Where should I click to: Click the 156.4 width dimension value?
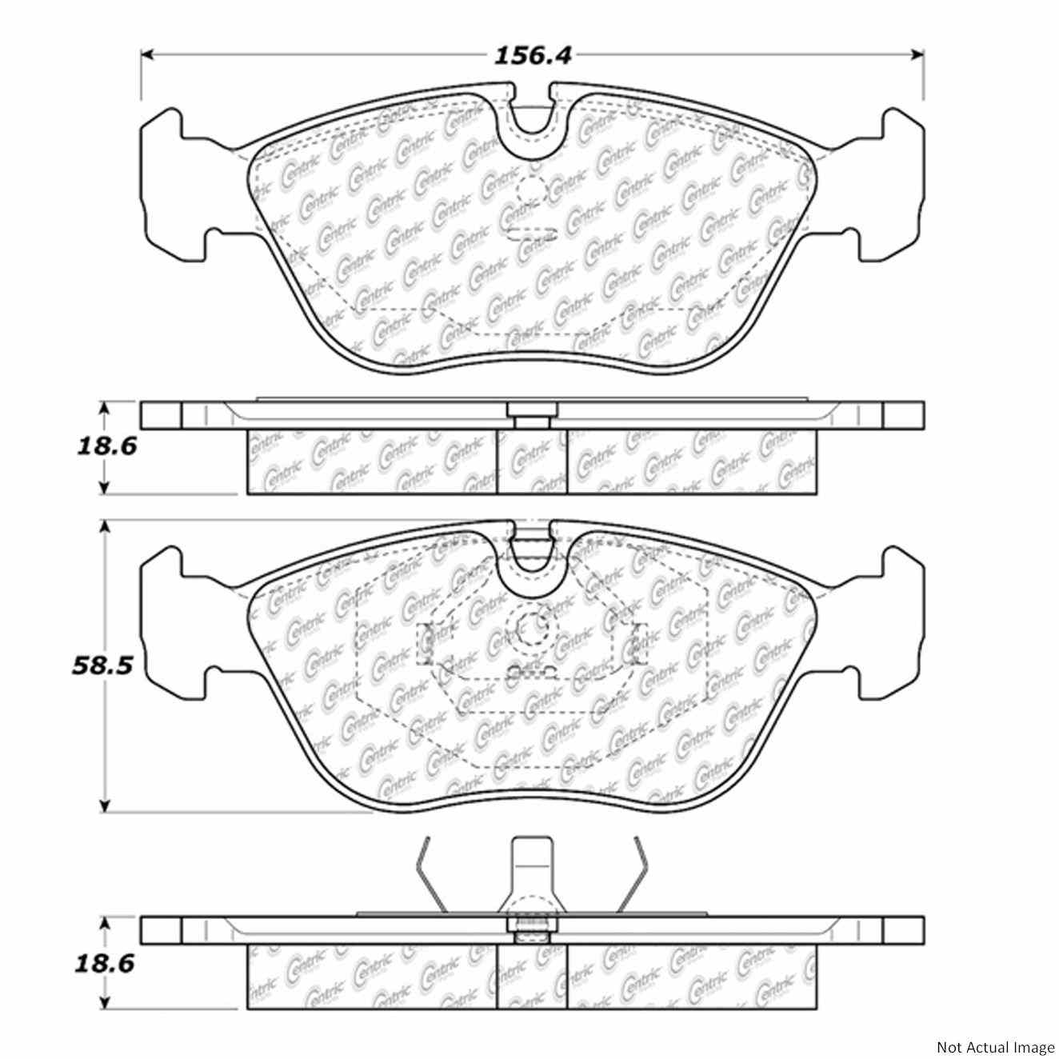pos(531,56)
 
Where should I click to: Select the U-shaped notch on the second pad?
pos(530,556)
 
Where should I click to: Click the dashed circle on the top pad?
pos(531,190)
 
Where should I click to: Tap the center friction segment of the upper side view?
pos(532,462)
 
